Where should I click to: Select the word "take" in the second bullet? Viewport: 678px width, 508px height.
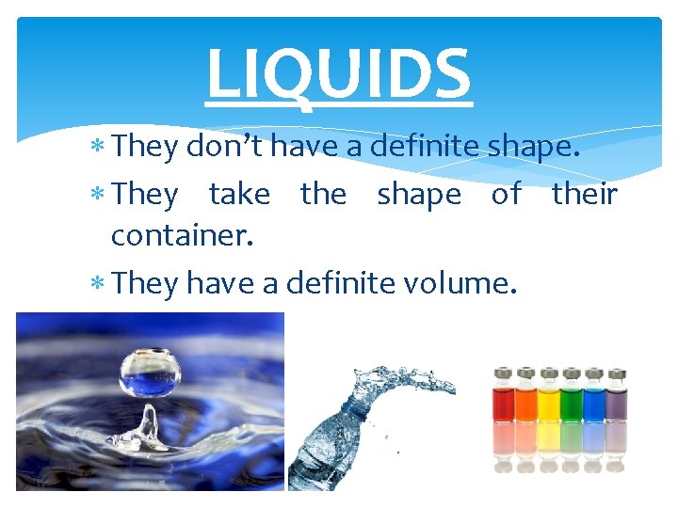(239, 195)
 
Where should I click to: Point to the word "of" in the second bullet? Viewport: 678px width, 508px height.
(507, 195)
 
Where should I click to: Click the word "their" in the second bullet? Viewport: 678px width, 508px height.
(584, 195)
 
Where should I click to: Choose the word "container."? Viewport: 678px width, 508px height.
(183, 234)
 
